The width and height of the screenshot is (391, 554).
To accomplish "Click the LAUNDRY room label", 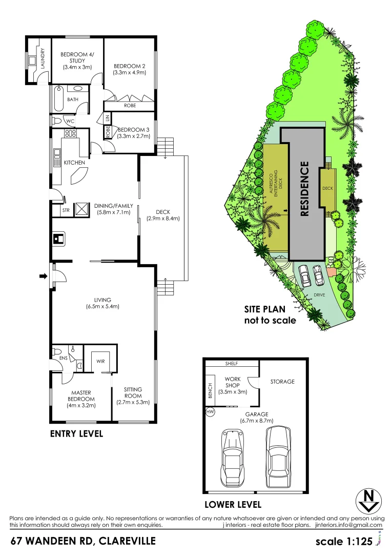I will [x=43, y=58].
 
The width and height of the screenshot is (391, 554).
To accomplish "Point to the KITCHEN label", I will [x=74, y=163].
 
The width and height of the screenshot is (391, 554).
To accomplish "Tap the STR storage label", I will [x=66, y=210].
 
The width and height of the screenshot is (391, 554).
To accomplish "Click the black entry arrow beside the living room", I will [x=43, y=278].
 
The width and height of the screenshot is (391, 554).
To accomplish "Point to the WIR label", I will [x=100, y=361].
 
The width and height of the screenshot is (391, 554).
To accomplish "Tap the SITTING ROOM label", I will [x=133, y=393].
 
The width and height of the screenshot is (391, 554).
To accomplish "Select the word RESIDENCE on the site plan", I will [x=304, y=189].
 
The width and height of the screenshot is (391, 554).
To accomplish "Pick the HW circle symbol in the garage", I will [x=210, y=411].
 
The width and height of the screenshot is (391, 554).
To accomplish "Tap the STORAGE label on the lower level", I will [x=282, y=382].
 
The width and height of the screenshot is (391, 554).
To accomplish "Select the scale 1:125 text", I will [x=343, y=542].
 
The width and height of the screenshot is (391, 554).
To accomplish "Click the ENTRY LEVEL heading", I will [x=76, y=433].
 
